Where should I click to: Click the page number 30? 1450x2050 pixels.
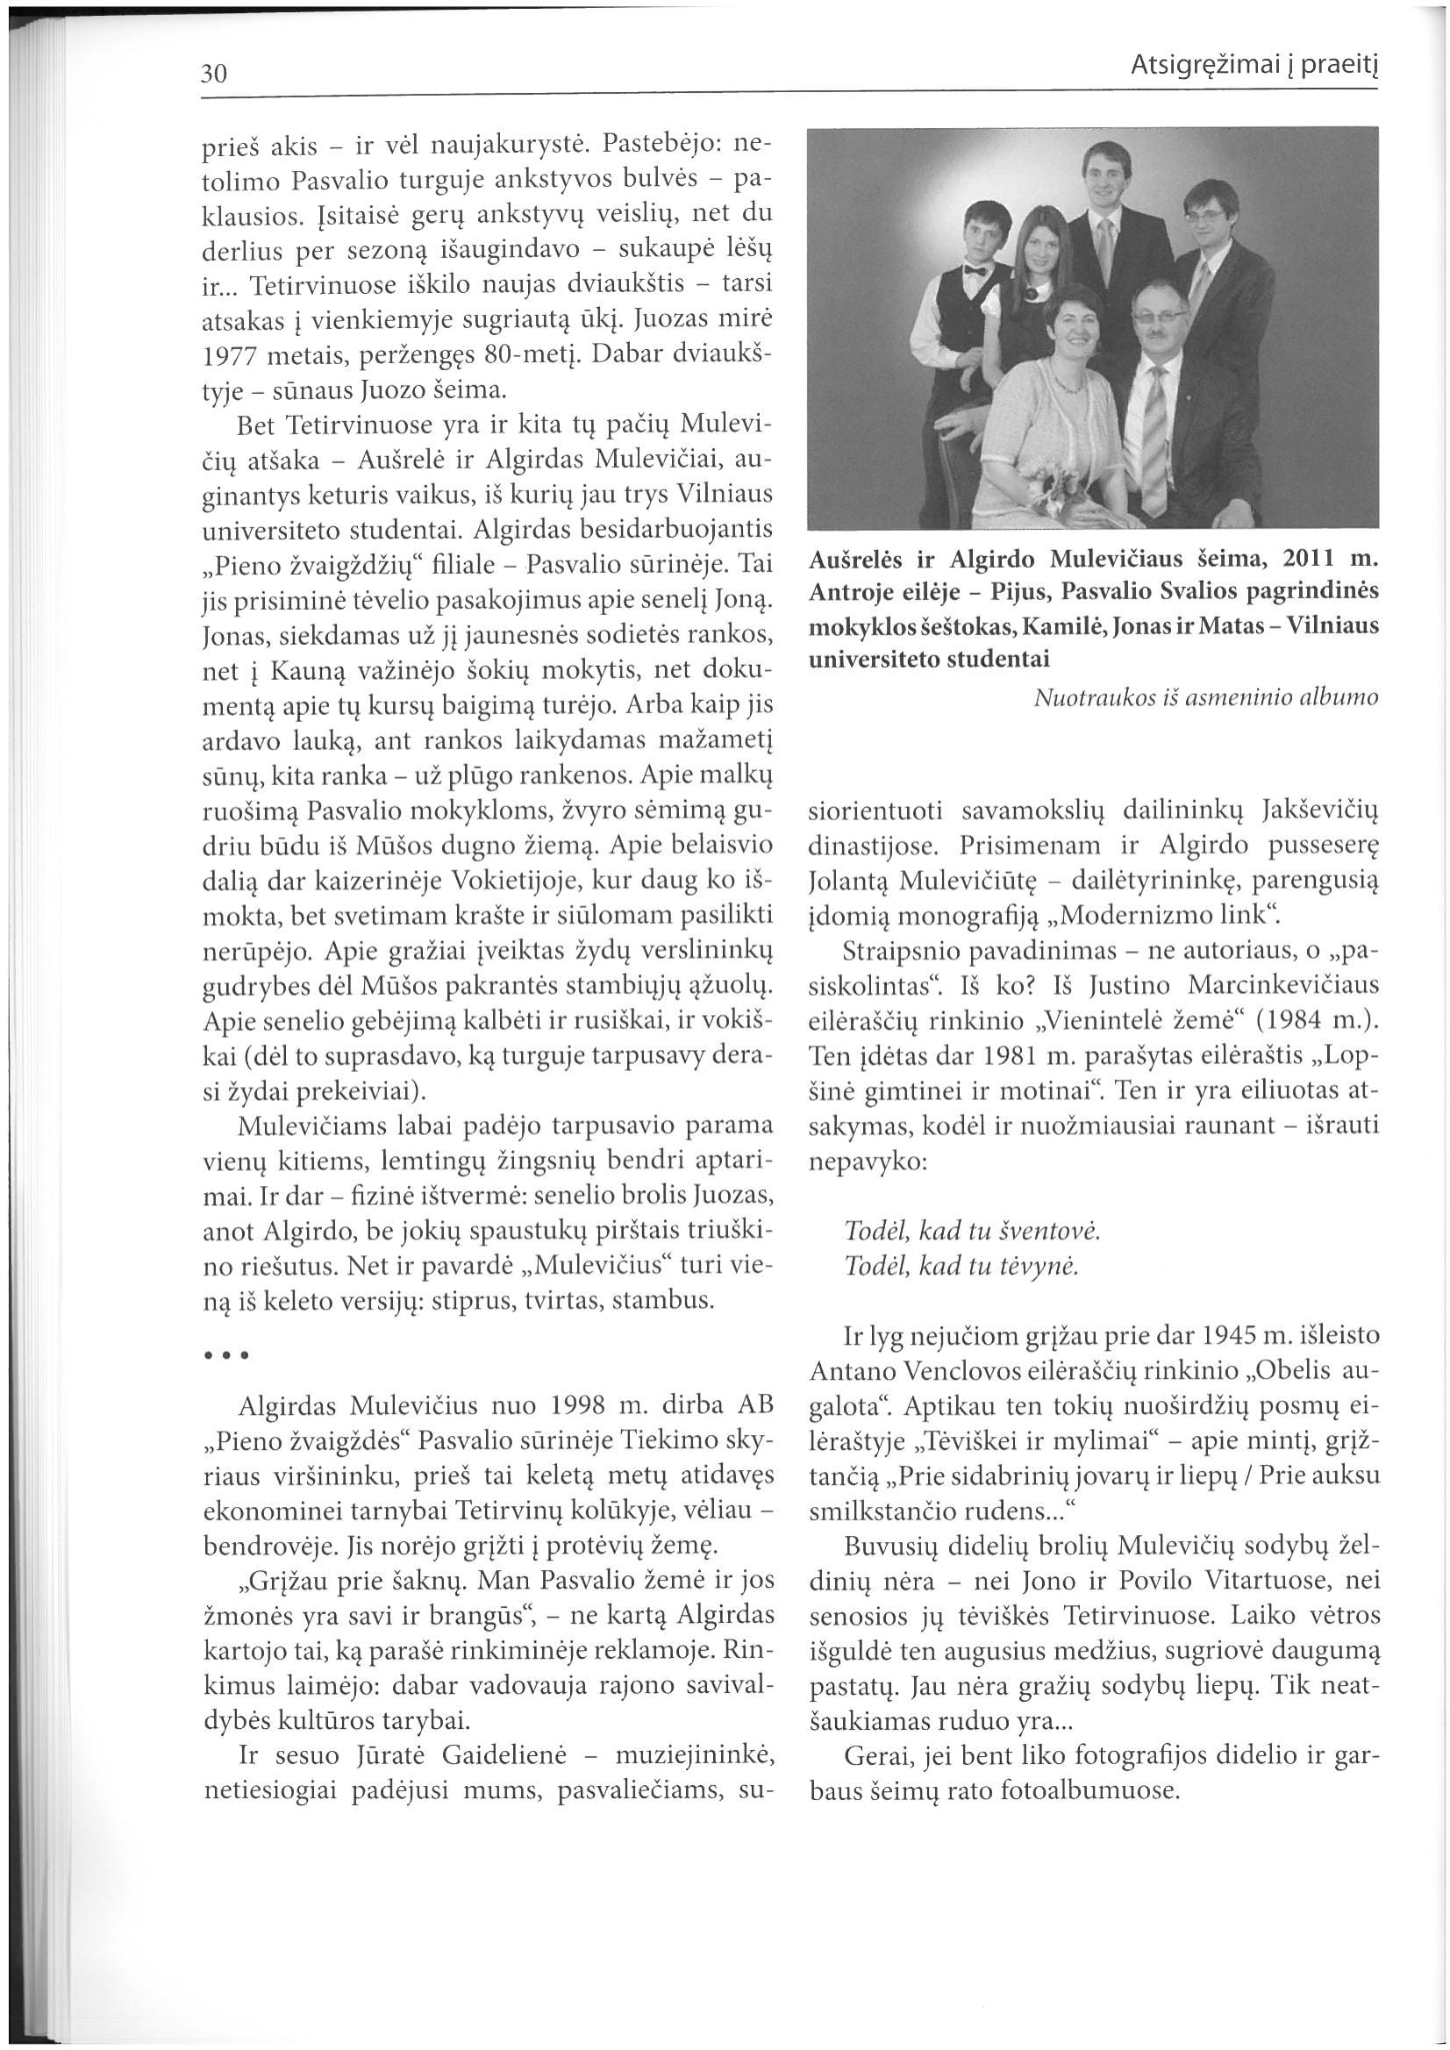pos(216,72)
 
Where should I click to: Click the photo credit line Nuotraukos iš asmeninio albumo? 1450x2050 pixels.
pos(1205,698)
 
